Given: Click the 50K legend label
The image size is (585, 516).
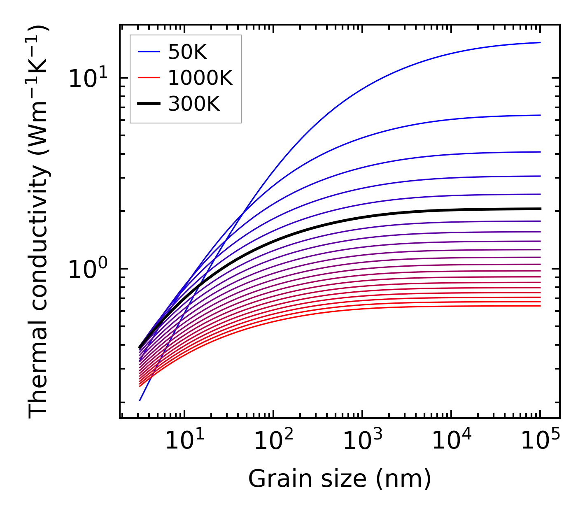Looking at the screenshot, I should click(187, 52).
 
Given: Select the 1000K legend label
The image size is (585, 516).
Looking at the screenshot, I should click(200, 78).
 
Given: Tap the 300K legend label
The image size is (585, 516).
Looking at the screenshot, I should click(194, 105).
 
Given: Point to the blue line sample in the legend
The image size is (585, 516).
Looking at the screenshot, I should click(148, 52).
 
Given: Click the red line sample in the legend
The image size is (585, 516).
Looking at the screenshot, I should click(148, 78).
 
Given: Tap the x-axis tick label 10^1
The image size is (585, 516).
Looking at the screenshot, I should click(184, 441).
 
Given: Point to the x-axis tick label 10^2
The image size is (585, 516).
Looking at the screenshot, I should click(273, 441).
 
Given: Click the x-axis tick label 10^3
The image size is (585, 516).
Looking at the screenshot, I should click(362, 441).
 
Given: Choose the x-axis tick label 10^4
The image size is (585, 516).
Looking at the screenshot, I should click(451, 441).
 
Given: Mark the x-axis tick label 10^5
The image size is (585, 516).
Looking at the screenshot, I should click(540, 441).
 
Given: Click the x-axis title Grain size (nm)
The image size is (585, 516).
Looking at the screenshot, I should click(340, 479).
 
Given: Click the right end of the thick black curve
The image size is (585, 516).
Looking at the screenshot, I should click(540, 209).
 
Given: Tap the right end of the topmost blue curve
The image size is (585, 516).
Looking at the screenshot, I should click(540, 42).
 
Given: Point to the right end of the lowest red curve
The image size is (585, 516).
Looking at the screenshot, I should click(540, 306).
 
